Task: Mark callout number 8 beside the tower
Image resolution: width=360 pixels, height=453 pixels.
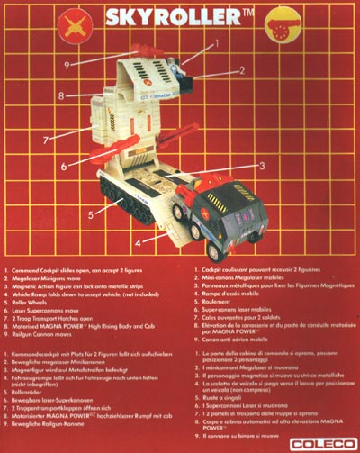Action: [61, 94]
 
